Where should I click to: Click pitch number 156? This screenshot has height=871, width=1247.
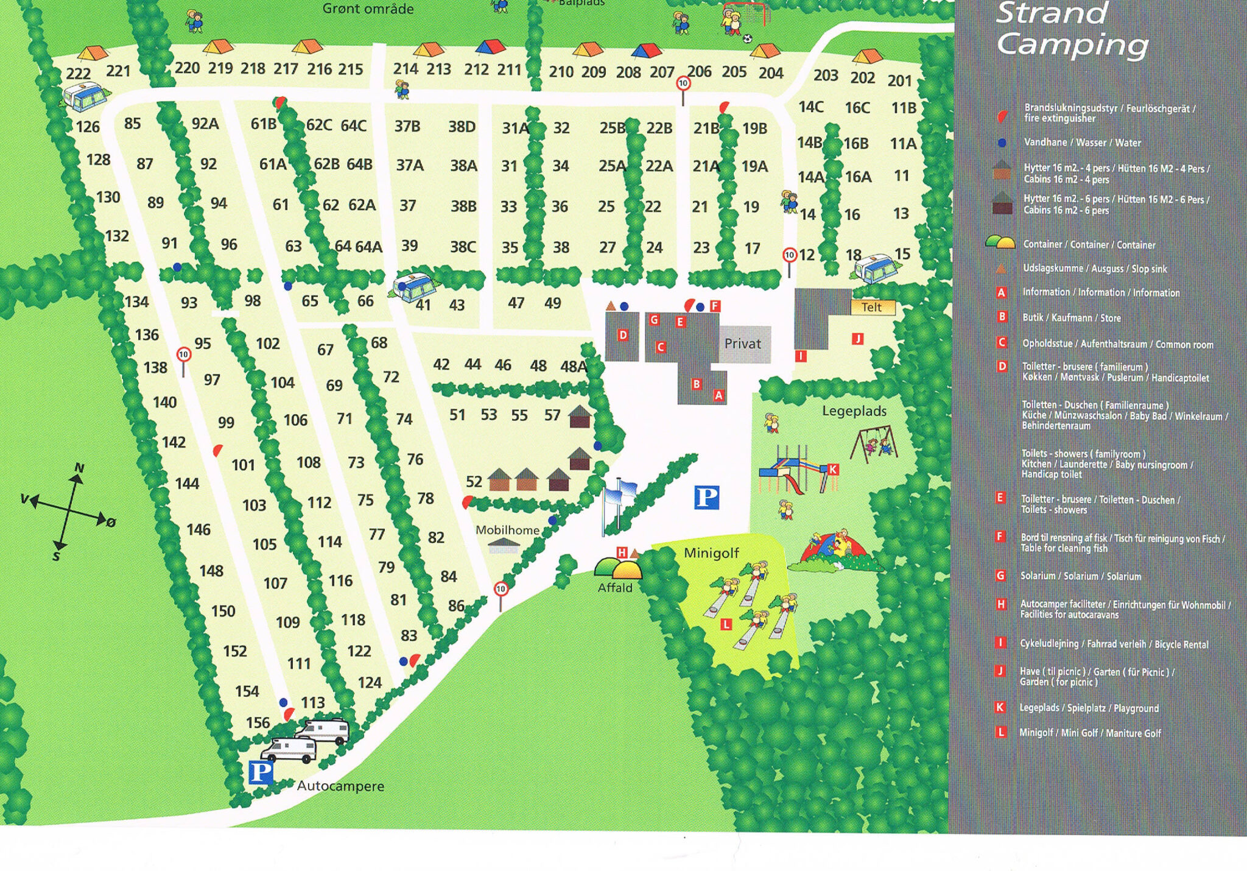pyautogui.click(x=258, y=723)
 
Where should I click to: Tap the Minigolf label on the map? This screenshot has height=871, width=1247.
pyautogui.click(x=711, y=553)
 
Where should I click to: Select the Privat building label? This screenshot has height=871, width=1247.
pyautogui.click(x=742, y=344)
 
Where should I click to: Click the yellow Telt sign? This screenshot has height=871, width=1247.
pyautogui.click(x=872, y=307)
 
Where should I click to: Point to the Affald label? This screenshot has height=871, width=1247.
pyautogui.click(x=615, y=588)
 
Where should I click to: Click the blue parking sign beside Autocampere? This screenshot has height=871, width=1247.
pyautogui.click(x=261, y=772)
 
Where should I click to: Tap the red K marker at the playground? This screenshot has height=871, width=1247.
pyautogui.click(x=833, y=470)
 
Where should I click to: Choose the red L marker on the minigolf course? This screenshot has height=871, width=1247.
pyautogui.click(x=726, y=624)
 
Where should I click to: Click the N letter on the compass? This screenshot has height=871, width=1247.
pyautogui.click(x=79, y=468)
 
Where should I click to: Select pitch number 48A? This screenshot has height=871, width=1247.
pyautogui.click(x=574, y=367)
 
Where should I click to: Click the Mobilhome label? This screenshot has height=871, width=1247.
pyautogui.click(x=507, y=530)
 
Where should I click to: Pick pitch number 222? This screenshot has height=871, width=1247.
pyautogui.click(x=78, y=74)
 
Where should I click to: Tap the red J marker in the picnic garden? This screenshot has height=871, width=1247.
pyautogui.click(x=857, y=339)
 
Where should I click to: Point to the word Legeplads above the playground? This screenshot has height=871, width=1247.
pyautogui.click(x=854, y=411)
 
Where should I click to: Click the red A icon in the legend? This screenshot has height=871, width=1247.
pyautogui.click(x=1001, y=292)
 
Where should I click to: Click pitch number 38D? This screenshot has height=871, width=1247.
pyautogui.click(x=462, y=127)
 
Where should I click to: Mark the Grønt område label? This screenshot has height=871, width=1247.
pyautogui.click(x=368, y=9)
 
